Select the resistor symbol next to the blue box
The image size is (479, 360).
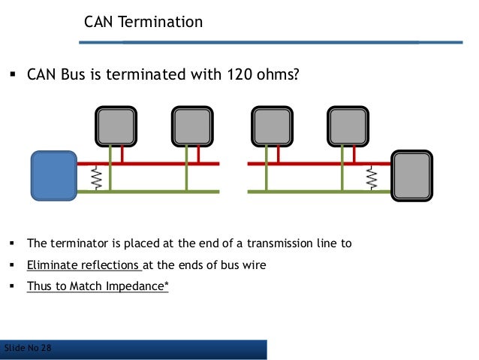click(96, 177)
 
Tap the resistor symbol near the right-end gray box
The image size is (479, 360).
click(371, 177)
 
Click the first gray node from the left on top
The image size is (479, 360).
click(116, 125)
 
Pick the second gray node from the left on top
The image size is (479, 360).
click(192, 125)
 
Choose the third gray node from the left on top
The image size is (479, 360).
click(271, 125)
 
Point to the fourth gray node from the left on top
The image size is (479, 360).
click(348, 125)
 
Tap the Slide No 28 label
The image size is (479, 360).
click(28, 348)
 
